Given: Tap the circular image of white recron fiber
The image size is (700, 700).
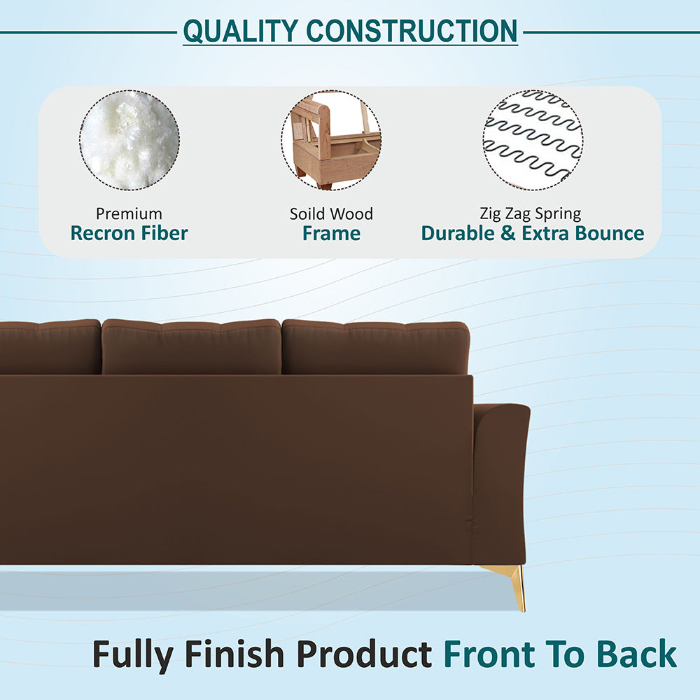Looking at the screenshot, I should tap(129, 140).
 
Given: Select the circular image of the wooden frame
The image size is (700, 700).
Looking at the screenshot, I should tap(332, 140).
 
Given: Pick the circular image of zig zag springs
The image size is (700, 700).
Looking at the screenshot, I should tap(533, 140).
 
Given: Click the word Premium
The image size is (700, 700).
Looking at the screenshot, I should tap(129, 213).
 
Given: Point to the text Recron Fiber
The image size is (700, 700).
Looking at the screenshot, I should tap(129, 234).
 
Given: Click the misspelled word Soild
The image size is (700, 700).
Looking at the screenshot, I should tap(308, 213).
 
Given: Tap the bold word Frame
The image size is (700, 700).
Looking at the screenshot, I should tap(332, 234).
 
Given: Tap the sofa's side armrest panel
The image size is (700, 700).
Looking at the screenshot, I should tap(500, 483).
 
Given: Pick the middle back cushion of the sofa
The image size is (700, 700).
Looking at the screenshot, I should tap(192, 347).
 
